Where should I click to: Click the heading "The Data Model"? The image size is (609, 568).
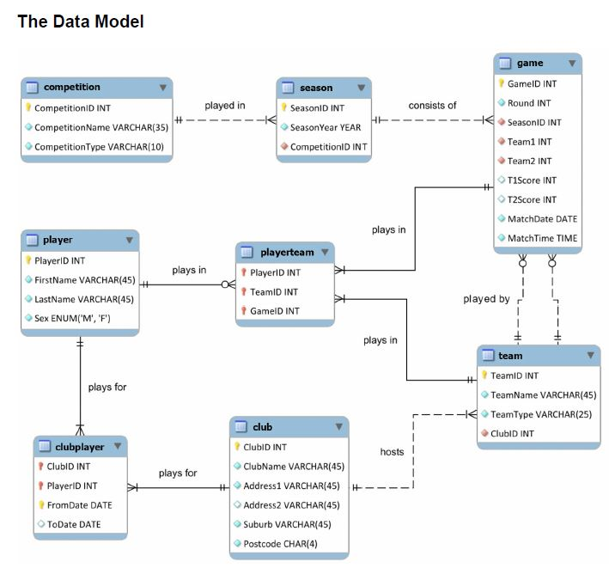click(x=81, y=22)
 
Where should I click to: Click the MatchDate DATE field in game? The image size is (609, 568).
click(x=543, y=218)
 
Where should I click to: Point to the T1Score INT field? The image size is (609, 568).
click(x=533, y=180)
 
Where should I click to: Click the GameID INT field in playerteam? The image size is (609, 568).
click(x=276, y=310)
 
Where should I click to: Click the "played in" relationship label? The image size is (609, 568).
click(x=225, y=106)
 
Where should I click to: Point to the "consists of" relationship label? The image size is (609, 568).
click(x=432, y=106)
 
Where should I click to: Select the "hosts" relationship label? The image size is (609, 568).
click(x=392, y=451)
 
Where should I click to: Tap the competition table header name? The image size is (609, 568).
click(x=72, y=87)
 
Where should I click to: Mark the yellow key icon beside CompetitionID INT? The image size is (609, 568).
click(x=28, y=108)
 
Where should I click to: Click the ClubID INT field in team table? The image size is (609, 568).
click(x=512, y=433)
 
